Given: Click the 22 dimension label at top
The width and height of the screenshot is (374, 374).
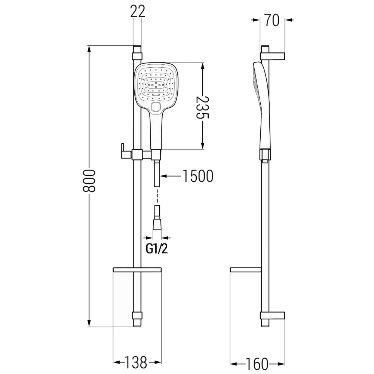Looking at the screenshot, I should [137, 12].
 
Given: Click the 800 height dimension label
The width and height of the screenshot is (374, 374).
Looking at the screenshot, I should [90, 181].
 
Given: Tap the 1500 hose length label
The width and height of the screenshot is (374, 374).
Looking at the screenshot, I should [197, 176].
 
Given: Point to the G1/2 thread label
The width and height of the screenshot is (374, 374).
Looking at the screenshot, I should [157, 249].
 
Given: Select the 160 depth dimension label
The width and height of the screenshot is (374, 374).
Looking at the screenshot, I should [257, 363].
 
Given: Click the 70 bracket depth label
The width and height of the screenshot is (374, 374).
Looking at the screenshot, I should [272, 21].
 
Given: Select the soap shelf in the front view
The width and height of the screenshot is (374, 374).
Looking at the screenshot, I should [137, 269].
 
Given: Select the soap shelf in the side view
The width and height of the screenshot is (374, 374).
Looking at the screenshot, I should [245, 270].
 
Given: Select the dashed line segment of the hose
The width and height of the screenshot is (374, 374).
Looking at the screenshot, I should [157, 196].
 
